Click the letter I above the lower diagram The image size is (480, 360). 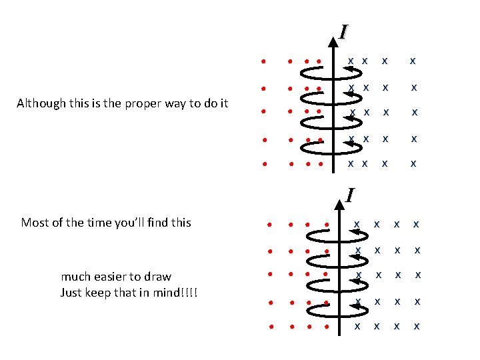349,195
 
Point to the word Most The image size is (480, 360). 34,223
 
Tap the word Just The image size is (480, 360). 71,293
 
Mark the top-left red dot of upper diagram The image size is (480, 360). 264,62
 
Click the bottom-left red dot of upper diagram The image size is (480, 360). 264,163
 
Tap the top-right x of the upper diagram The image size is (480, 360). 413,61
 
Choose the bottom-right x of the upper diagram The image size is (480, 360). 413,163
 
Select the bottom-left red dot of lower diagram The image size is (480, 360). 272,327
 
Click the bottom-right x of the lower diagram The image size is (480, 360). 417,327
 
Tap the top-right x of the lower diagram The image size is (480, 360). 416,224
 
